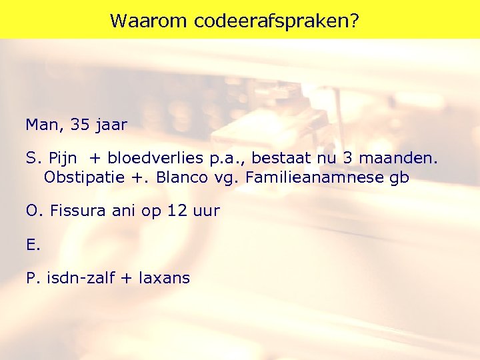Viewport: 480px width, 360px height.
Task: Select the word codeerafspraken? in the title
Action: click(277, 21)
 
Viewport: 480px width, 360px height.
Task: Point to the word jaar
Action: click(110, 125)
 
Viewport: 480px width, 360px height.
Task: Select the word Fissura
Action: click(75, 211)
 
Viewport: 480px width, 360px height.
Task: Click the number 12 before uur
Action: click(176, 211)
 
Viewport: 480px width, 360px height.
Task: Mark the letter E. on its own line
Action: click(33, 245)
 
